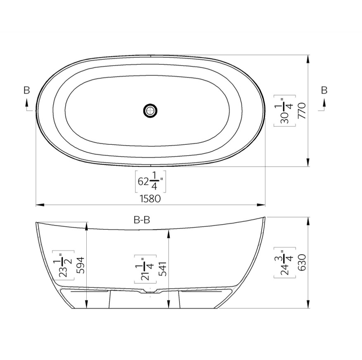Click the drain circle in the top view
pyautogui.click(x=150, y=111)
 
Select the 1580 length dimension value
pyautogui.click(x=150, y=199)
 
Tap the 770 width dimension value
pyautogui.click(x=302, y=111)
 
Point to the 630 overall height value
pyautogui.click(x=302, y=262)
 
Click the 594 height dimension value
pyautogui.click(x=80, y=265)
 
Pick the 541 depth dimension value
pyautogui.click(x=163, y=269)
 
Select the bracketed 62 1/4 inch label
pyautogui.click(x=151, y=182)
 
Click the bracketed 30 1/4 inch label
pyautogui.click(x=285, y=111)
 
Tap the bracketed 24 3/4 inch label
pyautogui.click(x=285, y=263)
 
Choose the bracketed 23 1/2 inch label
pyautogui.click(x=63, y=265)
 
